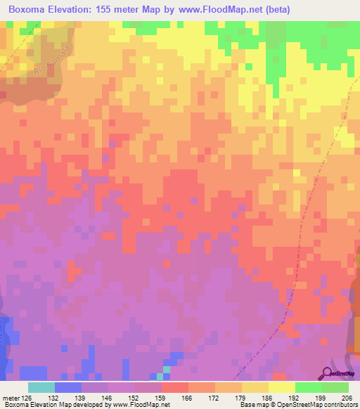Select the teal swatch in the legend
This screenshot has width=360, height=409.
click(41, 387)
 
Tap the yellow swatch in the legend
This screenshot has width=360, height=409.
click(282, 387)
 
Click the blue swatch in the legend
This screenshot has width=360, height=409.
click(68, 387)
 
